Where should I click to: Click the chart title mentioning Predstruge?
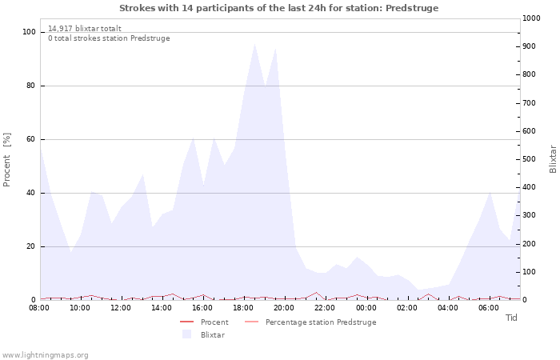tap(278, 8)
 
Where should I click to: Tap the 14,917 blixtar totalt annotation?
tap(85, 29)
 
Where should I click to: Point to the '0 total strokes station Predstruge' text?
tap(109, 38)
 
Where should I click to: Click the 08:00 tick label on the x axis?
tap(39, 308)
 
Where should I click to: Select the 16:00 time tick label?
tap(202, 308)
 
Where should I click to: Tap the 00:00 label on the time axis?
tap(366, 308)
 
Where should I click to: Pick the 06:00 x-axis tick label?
tap(489, 308)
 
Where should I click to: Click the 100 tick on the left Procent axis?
tap(29, 32)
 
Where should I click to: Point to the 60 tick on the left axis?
tap(30, 139)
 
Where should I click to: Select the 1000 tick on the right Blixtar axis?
tap(531, 18)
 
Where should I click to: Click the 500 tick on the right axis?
tap(529, 159)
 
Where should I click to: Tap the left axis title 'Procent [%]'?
tap(6, 160)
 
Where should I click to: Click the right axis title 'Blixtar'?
tap(553, 159)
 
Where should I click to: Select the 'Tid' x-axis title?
tap(511, 318)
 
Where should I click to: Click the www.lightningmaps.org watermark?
tap(45, 355)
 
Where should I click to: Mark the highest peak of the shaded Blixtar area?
tap(254, 44)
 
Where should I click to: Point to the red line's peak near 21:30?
tap(316, 293)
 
